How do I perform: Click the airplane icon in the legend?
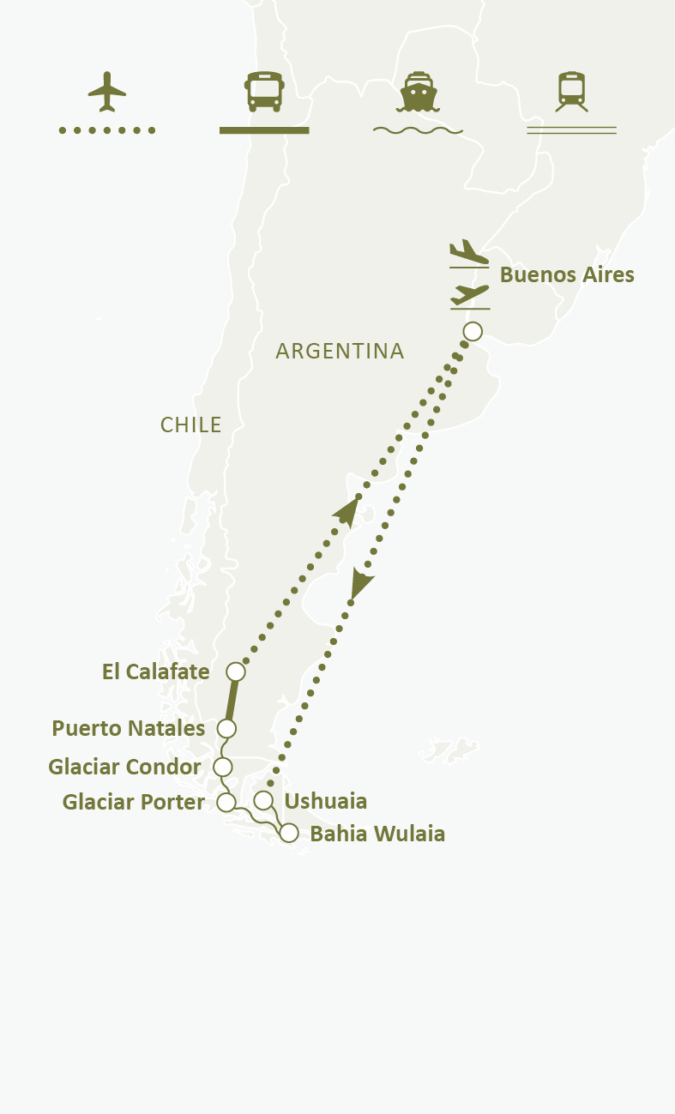(x=107, y=91)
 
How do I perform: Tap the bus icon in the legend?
(x=264, y=92)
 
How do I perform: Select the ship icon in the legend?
(x=418, y=92)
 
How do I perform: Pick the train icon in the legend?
(x=571, y=91)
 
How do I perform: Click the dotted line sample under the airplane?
(x=107, y=130)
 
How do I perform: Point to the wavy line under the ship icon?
(x=418, y=131)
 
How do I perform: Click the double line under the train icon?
(x=571, y=130)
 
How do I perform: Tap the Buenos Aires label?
(x=567, y=275)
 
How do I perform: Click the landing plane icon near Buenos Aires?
(x=468, y=252)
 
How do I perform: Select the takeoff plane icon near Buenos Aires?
(x=469, y=295)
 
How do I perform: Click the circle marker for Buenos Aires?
(x=473, y=331)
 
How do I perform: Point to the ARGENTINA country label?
(x=340, y=351)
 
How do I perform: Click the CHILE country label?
(x=191, y=425)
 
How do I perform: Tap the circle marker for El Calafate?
(x=236, y=671)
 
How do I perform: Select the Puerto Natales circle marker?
(x=226, y=728)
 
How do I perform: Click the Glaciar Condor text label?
(x=124, y=767)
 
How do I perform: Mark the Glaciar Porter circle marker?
(x=226, y=802)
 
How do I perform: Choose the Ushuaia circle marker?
(x=263, y=801)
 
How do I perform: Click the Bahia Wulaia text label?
(x=377, y=834)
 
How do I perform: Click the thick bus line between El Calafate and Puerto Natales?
(x=231, y=701)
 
